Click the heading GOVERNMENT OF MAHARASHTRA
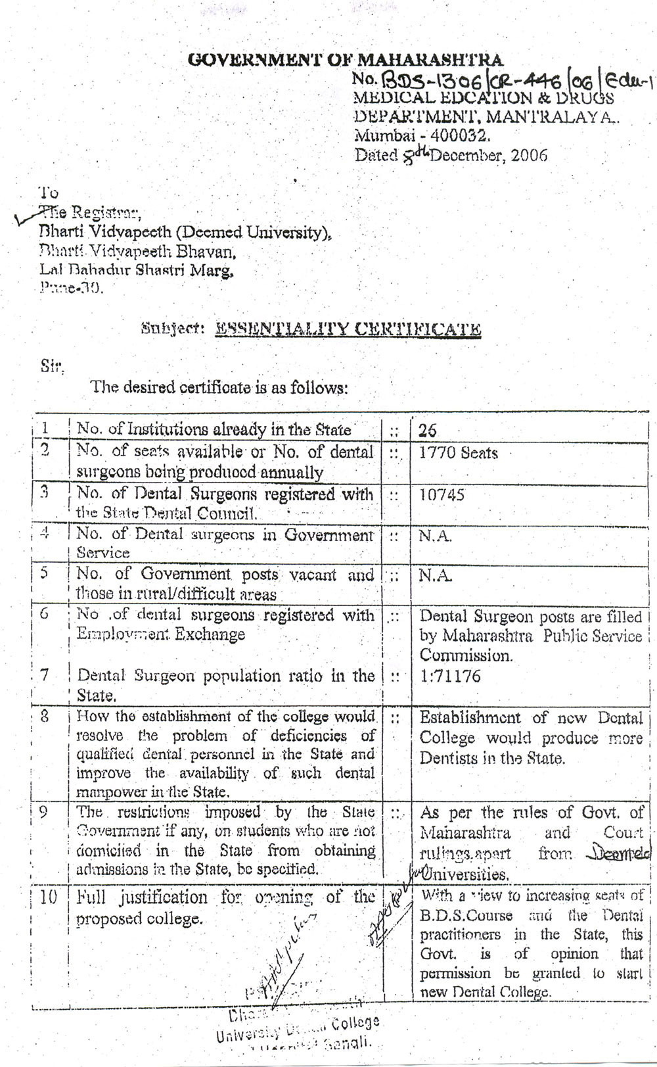point(346,60)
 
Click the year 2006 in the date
point(529,156)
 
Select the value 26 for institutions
point(428,431)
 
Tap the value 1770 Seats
point(459,453)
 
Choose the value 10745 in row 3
point(442,494)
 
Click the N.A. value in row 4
point(435,536)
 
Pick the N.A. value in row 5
point(435,576)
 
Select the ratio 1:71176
point(450,676)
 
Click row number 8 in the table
point(44,717)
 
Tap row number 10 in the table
point(49,897)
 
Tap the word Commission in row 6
point(465,655)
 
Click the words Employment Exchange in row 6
point(161,634)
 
